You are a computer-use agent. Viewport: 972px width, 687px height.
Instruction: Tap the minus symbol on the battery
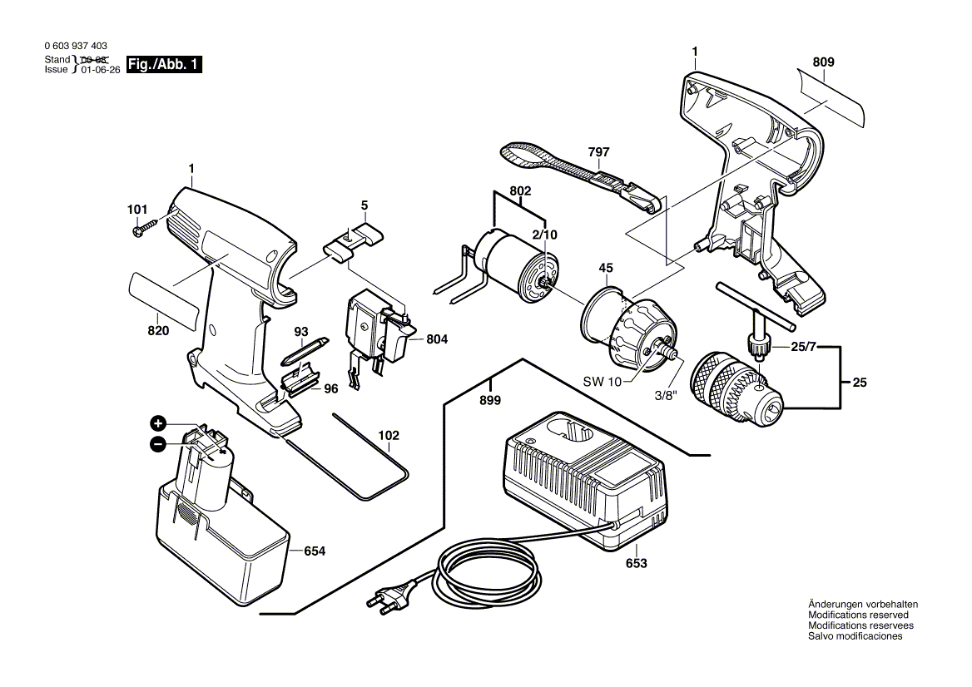click(x=156, y=445)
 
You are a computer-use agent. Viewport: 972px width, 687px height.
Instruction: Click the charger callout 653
click(x=637, y=563)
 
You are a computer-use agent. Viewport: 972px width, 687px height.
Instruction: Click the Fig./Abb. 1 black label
click(x=163, y=65)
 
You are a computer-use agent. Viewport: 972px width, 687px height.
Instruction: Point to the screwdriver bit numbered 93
click(x=297, y=351)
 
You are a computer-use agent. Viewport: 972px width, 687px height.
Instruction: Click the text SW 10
click(x=603, y=382)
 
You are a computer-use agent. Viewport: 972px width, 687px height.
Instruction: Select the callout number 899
click(x=490, y=400)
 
